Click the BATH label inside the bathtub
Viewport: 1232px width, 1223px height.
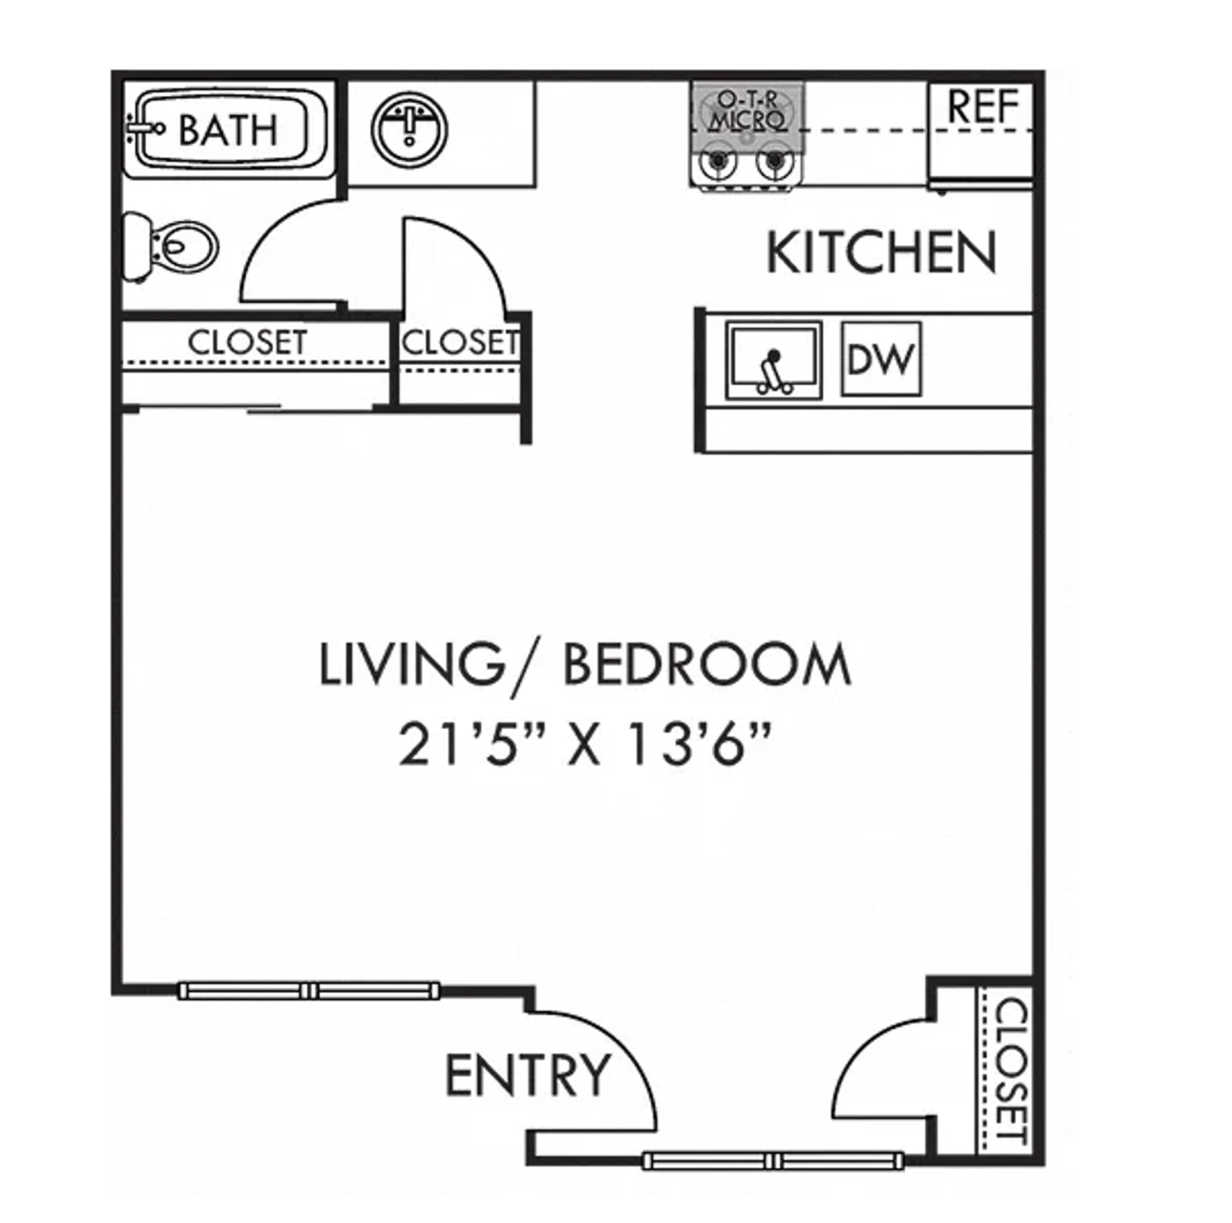tap(228, 130)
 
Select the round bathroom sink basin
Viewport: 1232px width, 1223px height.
tap(409, 128)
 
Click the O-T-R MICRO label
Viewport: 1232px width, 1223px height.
tap(747, 110)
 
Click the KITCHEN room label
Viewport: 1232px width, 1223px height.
tap(882, 253)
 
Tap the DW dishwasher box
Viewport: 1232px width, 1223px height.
tap(880, 359)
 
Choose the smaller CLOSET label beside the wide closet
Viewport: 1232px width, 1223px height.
tap(459, 342)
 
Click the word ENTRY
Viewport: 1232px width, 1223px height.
tap(527, 1075)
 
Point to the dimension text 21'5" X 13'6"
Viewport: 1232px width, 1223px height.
tap(584, 745)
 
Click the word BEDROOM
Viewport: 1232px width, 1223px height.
tap(706, 665)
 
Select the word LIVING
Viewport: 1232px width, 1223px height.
tap(411, 665)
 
